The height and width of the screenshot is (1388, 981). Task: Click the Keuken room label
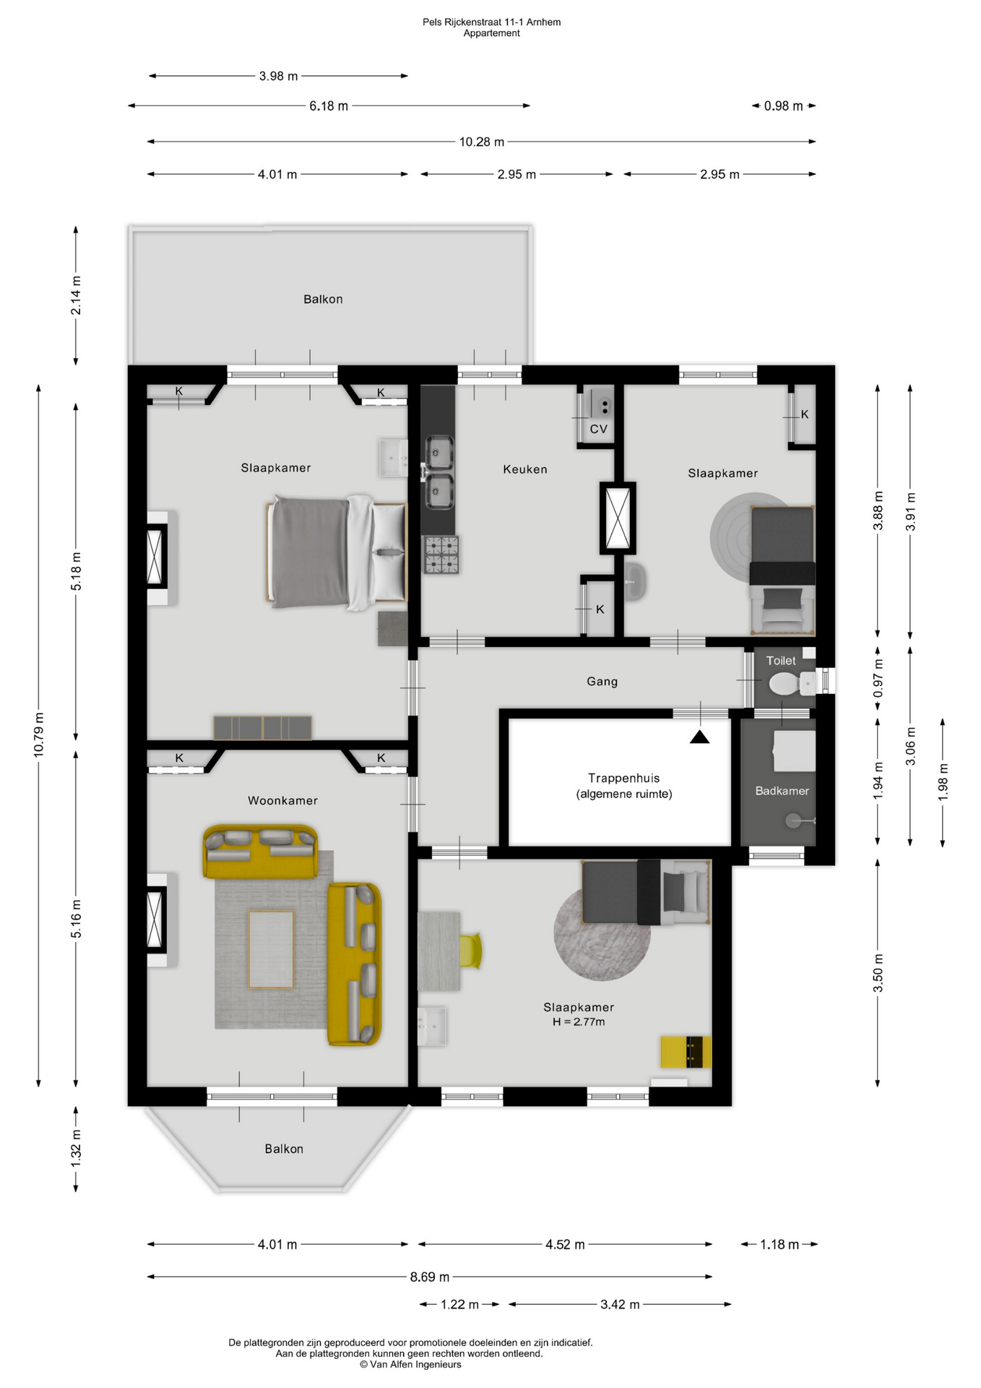click(525, 469)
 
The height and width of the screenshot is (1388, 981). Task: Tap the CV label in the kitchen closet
click(599, 429)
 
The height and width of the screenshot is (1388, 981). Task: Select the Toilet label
click(781, 660)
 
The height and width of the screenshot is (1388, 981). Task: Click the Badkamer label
click(782, 791)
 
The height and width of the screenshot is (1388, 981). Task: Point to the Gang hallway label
click(602, 682)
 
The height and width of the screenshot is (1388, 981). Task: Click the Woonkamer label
click(282, 800)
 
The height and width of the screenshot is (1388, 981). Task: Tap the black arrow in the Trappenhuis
click(699, 737)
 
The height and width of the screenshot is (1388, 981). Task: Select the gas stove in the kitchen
click(441, 554)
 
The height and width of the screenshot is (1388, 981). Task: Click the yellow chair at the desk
click(470, 951)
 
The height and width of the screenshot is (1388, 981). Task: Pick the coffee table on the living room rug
click(271, 949)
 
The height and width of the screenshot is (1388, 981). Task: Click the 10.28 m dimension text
click(482, 142)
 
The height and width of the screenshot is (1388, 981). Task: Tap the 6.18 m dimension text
click(329, 106)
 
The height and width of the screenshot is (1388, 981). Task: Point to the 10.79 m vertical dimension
click(38, 734)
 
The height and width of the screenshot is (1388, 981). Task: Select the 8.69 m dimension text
click(430, 1277)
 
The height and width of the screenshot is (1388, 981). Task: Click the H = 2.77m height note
click(579, 1021)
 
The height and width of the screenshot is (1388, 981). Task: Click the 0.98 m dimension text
click(784, 106)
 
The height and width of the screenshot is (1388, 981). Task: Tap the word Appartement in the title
click(492, 33)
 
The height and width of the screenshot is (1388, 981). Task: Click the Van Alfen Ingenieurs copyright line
click(410, 1364)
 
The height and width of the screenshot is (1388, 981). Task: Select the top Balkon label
click(323, 299)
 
